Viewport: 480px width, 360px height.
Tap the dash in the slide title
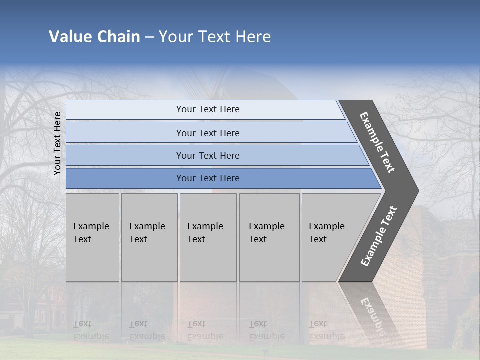pyautogui.click(x=149, y=37)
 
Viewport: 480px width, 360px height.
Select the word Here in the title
pyautogui.click(x=253, y=37)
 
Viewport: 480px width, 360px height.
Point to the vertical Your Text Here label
pyautogui.click(x=57, y=143)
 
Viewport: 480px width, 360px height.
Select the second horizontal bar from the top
pyautogui.click(x=208, y=133)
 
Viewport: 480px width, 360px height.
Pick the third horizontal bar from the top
pyautogui.click(x=208, y=155)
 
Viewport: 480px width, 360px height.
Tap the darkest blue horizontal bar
pyautogui.click(x=208, y=178)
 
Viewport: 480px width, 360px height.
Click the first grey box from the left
pyautogui.click(x=92, y=237)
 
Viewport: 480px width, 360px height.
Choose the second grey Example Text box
pyautogui.click(x=148, y=237)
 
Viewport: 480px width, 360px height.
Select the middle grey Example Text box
pyautogui.click(x=208, y=237)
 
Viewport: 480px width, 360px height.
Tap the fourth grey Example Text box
pyautogui.click(x=269, y=237)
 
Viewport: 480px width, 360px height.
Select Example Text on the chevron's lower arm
pyautogui.click(x=378, y=236)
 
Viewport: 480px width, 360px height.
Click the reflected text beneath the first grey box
pyautogui.click(x=91, y=330)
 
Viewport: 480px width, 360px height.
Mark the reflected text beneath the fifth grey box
pyautogui.click(x=326, y=330)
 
